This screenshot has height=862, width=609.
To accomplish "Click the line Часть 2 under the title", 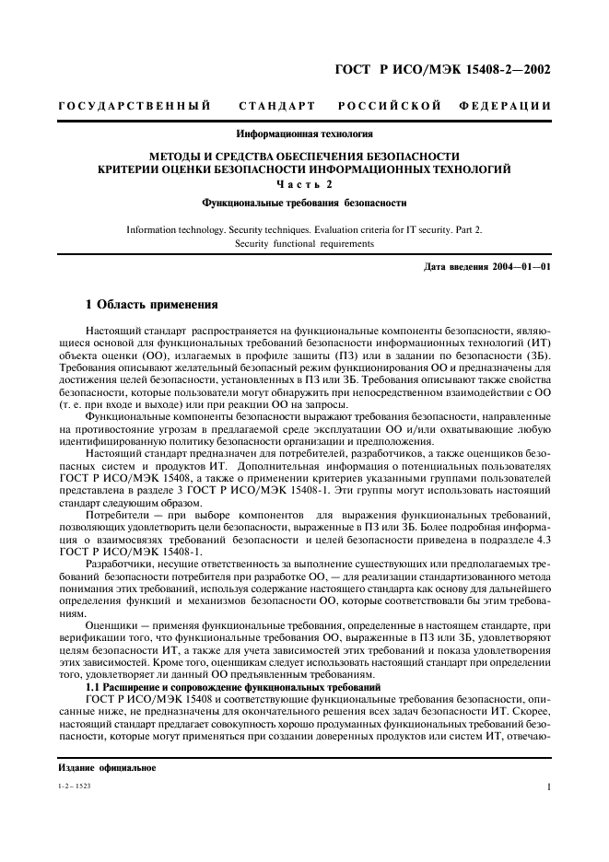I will (304, 184).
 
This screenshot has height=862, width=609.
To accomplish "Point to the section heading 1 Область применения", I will (151, 304).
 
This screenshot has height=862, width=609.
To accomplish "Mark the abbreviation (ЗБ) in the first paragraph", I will (538, 353).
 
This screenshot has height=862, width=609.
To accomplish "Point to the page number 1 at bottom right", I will (548, 787).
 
